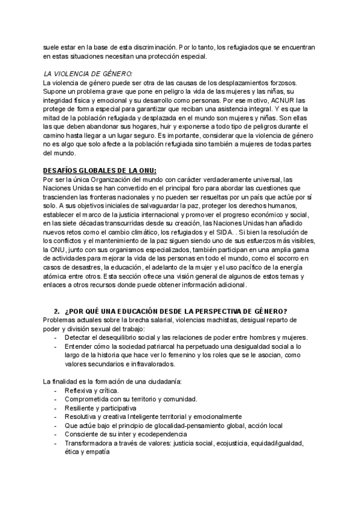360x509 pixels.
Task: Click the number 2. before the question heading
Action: coord(56,311)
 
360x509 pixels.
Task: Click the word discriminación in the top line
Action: coord(143,47)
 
